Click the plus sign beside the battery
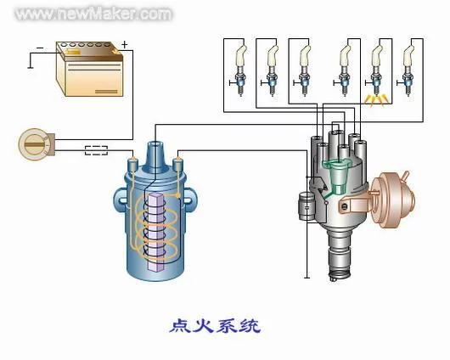click(x=124, y=44)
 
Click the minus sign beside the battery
click(x=41, y=48)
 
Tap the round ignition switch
click(x=35, y=144)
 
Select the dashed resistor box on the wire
click(x=96, y=150)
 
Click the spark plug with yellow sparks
click(x=376, y=72)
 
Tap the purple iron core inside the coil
click(x=156, y=232)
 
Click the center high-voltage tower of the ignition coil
click(x=156, y=156)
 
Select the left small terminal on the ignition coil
click(x=132, y=164)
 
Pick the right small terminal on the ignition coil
click(x=178, y=164)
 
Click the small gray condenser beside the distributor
click(x=307, y=206)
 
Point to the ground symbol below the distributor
click(x=307, y=278)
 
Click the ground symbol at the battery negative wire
click(x=30, y=67)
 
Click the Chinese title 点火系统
click(x=215, y=326)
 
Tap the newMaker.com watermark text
click(x=94, y=14)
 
